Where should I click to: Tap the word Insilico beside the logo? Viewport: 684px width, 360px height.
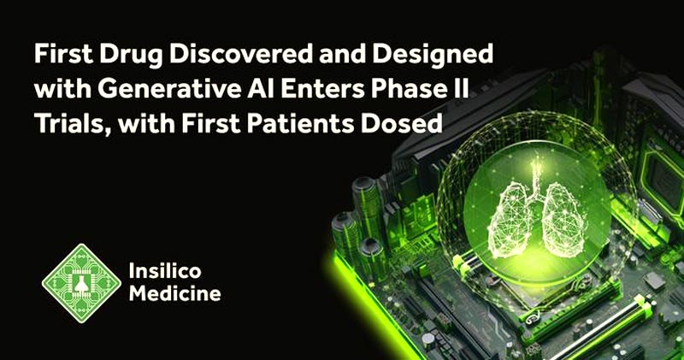pos(165,271)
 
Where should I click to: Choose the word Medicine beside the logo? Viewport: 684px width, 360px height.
pos(175,292)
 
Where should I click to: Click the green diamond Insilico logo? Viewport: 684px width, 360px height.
pos(81,283)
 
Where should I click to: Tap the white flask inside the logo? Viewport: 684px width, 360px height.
pos(80,284)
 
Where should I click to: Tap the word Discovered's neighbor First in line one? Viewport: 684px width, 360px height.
pos(64,54)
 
